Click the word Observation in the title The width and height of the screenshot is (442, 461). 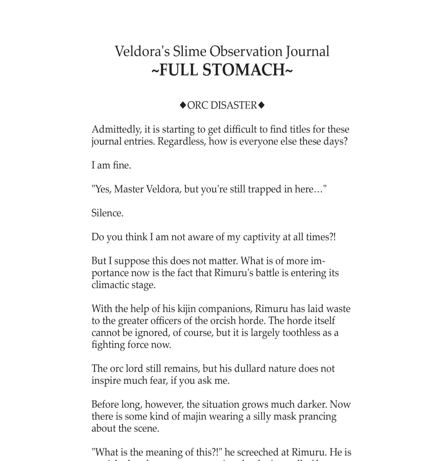(x=246, y=51)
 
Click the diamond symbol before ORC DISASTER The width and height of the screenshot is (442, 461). (x=183, y=105)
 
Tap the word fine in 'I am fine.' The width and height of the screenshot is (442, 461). (x=121, y=165)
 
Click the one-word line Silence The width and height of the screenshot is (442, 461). (x=107, y=213)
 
